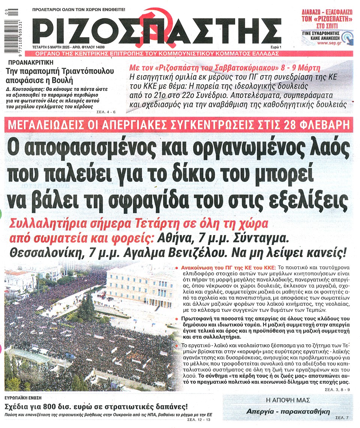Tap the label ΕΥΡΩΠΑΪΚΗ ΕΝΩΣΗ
point(23,397)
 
